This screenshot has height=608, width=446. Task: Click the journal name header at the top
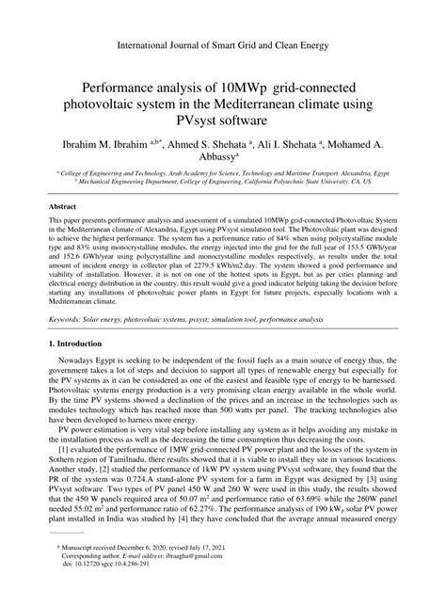[223, 44]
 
